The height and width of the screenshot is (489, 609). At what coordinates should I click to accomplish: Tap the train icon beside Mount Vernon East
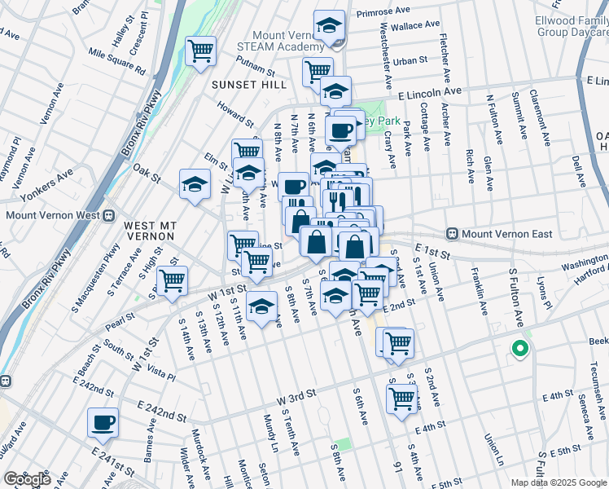click(x=453, y=233)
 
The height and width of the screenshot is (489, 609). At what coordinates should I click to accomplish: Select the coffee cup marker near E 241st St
click(x=103, y=423)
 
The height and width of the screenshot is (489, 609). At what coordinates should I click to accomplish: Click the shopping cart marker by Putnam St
click(x=200, y=51)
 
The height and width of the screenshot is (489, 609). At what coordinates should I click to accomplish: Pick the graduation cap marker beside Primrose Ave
click(x=329, y=27)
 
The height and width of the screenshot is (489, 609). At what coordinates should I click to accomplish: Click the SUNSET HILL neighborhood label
click(x=244, y=85)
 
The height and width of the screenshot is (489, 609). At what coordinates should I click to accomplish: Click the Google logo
click(x=27, y=479)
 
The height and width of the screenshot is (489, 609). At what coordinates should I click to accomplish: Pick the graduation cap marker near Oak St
click(x=195, y=185)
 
